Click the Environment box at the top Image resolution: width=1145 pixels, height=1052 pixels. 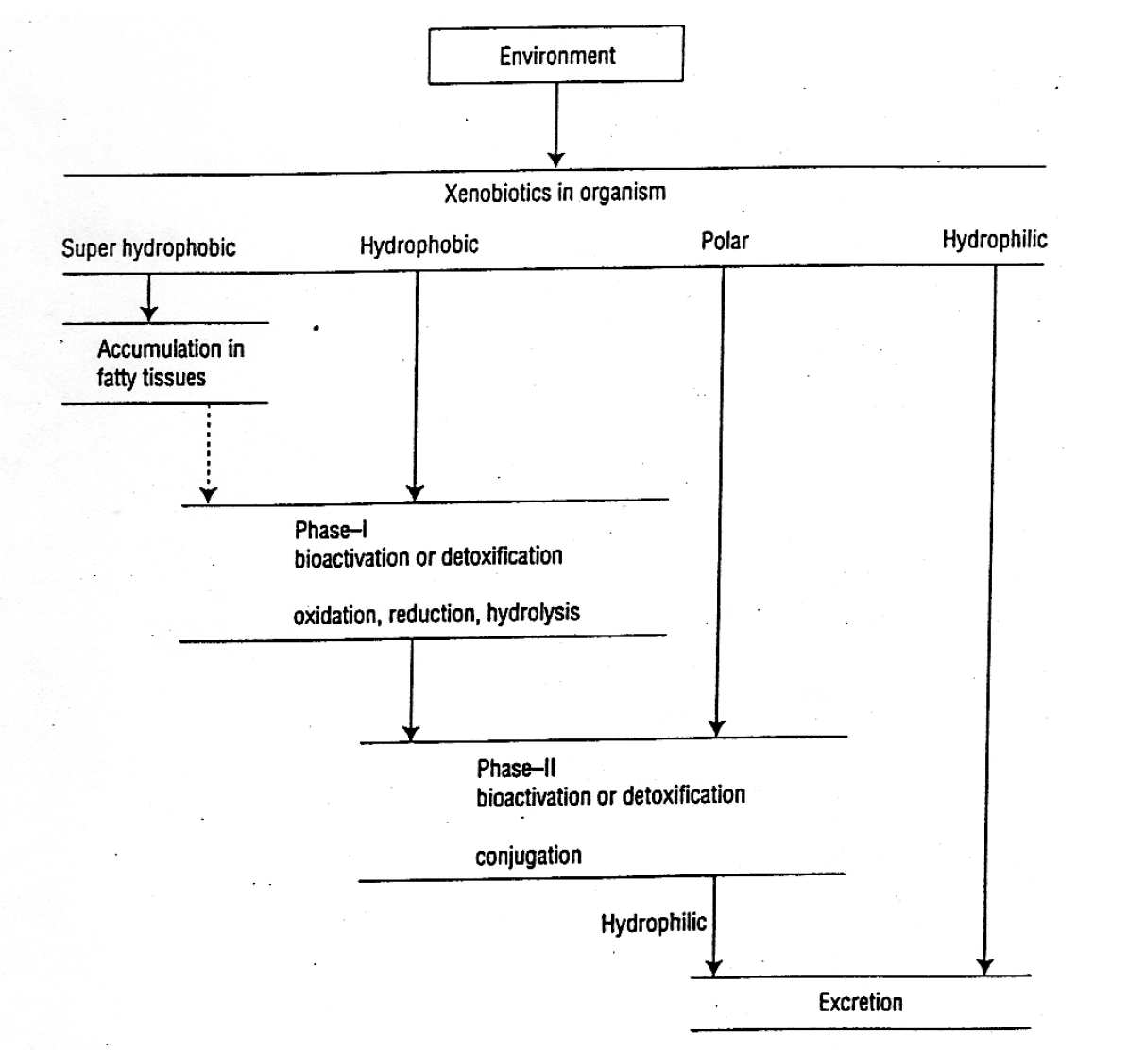click(x=555, y=55)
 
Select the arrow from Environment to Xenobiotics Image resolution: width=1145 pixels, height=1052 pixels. click(x=556, y=123)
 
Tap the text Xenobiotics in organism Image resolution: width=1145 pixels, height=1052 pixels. click(x=555, y=193)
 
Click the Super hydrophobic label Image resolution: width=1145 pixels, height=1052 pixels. click(x=148, y=248)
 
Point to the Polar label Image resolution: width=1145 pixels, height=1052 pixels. click(x=725, y=241)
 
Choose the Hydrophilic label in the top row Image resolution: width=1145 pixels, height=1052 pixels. click(x=994, y=240)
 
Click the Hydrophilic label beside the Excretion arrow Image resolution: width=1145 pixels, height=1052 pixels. click(x=653, y=923)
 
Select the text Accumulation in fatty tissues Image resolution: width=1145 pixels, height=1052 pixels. click(x=170, y=364)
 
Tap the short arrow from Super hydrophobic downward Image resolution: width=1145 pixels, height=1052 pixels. click(x=148, y=297)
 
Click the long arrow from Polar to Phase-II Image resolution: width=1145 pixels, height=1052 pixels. click(x=720, y=501)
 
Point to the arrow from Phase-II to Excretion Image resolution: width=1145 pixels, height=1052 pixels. click(x=713, y=925)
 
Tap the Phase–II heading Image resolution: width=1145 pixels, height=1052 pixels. click(x=516, y=768)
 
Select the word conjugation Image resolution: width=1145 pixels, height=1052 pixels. click(x=528, y=857)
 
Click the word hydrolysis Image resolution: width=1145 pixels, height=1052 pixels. click(x=533, y=614)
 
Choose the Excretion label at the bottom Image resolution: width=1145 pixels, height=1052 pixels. click(x=860, y=1002)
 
